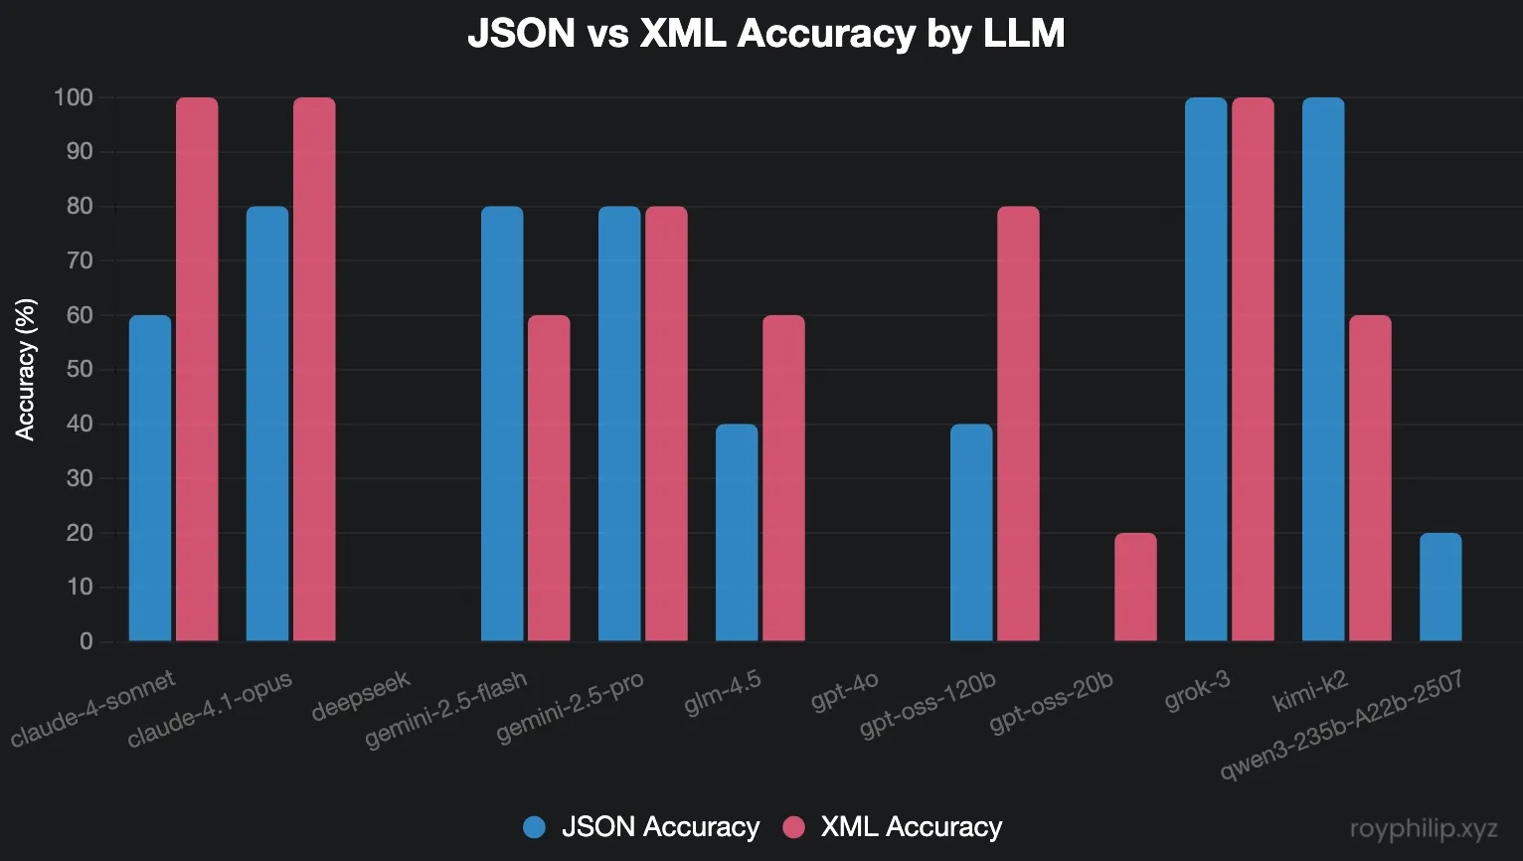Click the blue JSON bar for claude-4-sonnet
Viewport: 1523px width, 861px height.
pyautogui.click(x=150, y=478)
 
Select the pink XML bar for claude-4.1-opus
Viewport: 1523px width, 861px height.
pyautogui.click(x=314, y=369)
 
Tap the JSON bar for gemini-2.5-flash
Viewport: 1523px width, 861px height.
pyautogui.click(x=502, y=424)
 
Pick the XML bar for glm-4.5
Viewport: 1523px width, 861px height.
pyautogui.click(x=783, y=478)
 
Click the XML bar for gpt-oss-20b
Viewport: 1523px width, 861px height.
pyautogui.click(x=1135, y=587)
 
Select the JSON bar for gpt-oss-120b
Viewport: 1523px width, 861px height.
pyautogui.click(x=971, y=533)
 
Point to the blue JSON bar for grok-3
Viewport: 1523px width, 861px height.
pyautogui.click(x=1206, y=369)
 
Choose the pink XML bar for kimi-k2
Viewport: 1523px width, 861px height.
pyautogui.click(x=1370, y=478)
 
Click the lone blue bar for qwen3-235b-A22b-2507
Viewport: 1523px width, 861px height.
pyautogui.click(x=1440, y=587)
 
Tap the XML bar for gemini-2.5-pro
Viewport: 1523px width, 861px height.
pyautogui.click(x=666, y=424)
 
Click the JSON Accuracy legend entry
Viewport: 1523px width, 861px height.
pyautogui.click(x=642, y=827)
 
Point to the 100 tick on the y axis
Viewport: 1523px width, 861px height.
pyautogui.click(x=74, y=97)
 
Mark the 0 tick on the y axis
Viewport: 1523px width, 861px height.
pyautogui.click(x=86, y=641)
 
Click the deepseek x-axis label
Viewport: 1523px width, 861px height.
pyautogui.click(x=361, y=696)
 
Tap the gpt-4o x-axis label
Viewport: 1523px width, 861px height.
pyautogui.click(x=845, y=691)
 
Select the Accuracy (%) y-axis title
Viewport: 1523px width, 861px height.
pyautogui.click(x=25, y=369)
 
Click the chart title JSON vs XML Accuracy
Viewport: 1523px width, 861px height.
pyautogui.click(x=765, y=34)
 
